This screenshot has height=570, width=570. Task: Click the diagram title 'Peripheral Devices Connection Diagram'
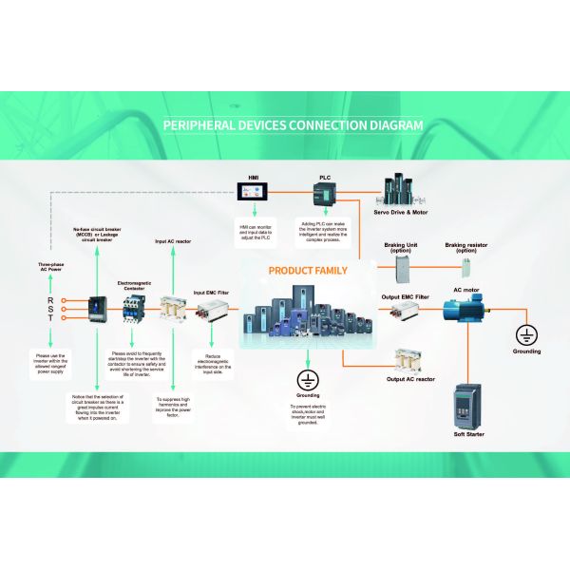293,124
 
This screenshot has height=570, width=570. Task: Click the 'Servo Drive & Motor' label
400,213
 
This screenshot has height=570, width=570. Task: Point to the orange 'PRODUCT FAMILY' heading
308,271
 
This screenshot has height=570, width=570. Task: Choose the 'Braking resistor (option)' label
465,247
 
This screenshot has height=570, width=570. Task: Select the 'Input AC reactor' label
173,242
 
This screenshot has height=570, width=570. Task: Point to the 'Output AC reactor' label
410,379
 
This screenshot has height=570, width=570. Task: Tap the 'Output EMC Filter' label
407,297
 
